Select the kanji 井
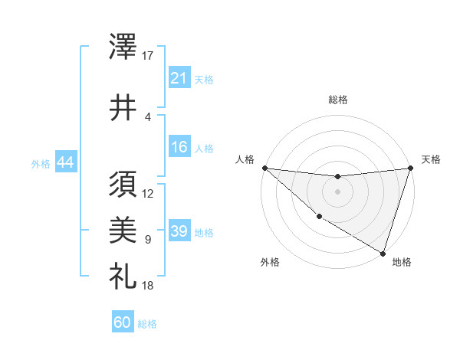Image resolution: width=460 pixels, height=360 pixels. coord(123,107)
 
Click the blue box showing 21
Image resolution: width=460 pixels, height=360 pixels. coord(179,79)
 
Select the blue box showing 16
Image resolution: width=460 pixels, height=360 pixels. coord(179,148)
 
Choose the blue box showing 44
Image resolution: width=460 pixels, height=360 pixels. coord(65,163)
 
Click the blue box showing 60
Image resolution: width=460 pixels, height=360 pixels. coord(123,323)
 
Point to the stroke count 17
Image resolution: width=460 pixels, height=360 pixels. coord(149,56)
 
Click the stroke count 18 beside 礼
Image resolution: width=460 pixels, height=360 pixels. coord(149,286)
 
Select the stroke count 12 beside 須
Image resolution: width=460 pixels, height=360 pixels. coord(149,193)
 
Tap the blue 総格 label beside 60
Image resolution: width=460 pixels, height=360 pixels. coord(147,325)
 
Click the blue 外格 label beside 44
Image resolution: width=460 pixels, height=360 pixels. coord(41,164)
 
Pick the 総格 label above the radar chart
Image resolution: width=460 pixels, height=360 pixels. coord(338,100)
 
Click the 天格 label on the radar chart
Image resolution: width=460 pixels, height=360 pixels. coord(431,159)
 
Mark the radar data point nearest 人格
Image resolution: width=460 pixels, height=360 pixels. coord(264,168)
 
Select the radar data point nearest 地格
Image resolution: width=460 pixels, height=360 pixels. coord(383,253)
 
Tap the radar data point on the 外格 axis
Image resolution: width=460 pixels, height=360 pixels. coord(318,217)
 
